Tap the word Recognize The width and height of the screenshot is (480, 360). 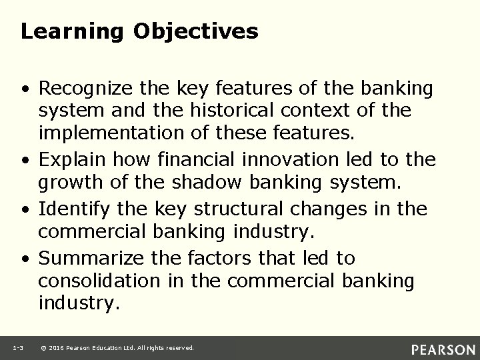pyautogui.click(x=85, y=88)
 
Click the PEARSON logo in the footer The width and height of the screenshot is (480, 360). pyautogui.click(x=443, y=348)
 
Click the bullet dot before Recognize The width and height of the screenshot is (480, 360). pyautogui.click(x=23, y=89)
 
